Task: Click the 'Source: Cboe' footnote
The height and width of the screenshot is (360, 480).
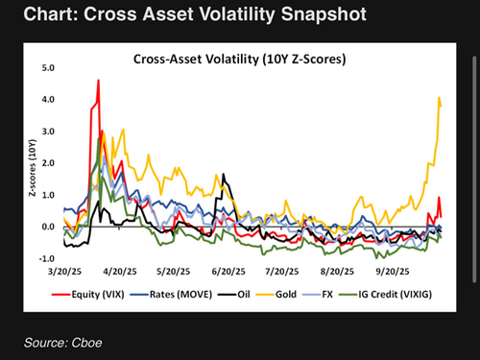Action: (x=64, y=341)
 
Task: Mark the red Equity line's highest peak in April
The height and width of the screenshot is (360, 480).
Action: (x=98, y=81)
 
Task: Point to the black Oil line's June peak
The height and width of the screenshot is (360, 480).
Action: (x=224, y=175)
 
